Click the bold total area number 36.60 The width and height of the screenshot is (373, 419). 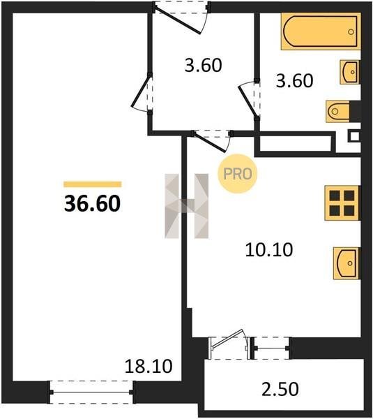point(92,204)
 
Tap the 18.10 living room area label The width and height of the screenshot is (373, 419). point(149,367)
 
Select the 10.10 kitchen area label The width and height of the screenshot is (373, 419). point(269,250)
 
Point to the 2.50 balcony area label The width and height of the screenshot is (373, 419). point(280,389)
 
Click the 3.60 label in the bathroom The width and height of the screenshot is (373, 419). point(294,81)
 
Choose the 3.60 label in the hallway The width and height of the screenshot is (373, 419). point(203,65)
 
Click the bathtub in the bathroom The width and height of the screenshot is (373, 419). point(321,31)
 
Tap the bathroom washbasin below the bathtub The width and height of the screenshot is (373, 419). point(350,72)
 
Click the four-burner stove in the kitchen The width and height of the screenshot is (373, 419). point(342,203)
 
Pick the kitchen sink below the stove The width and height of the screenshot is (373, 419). point(347,263)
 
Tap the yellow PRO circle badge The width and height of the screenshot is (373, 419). point(238,174)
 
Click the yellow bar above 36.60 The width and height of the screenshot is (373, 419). point(93,184)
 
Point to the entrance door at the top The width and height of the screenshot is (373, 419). point(181,18)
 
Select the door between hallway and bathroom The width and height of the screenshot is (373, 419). point(250,100)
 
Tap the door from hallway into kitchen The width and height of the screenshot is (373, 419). point(212,141)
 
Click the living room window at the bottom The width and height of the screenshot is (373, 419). point(91,392)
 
